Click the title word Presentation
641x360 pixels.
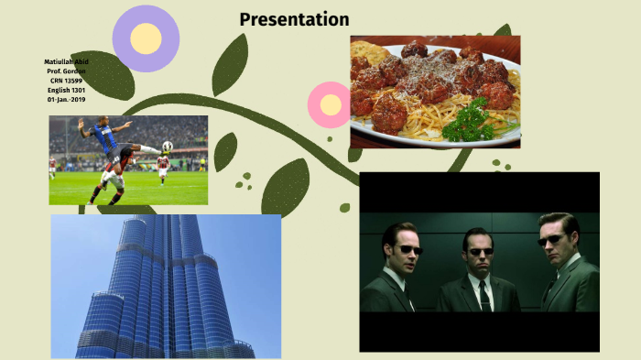click(294, 19)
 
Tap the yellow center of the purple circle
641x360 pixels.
click(146, 38)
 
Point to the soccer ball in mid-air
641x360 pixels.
click(168, 146)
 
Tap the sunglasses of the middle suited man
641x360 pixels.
click(479, 250)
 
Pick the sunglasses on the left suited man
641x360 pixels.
click(409, 249)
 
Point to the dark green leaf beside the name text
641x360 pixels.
click(105, 73)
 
